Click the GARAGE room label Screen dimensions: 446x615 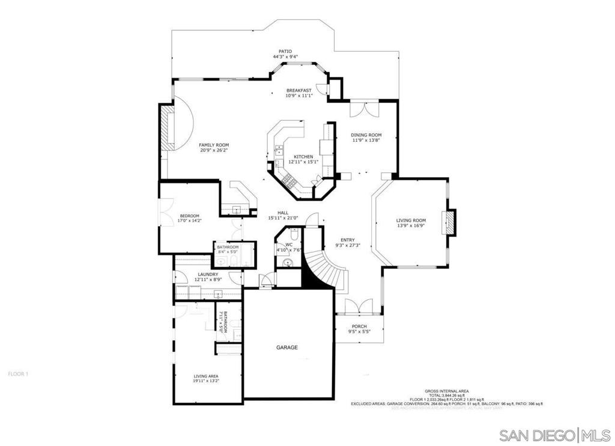click(x=287, y=347)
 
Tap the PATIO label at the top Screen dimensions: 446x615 click(x=285, y=52)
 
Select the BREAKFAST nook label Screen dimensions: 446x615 click(x=298, y=90)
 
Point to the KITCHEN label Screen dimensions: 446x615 click(x=300, y=156)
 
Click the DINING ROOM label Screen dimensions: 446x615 click(x=366, y=135)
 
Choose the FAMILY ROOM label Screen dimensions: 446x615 click(x=214, y=145)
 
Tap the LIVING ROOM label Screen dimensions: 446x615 click(x=411, y=221)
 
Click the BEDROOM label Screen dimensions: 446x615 click(x=190, y=216)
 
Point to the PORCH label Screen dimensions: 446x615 click(x=359, y=326)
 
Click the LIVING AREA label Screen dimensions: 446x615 click(x=205, y=376)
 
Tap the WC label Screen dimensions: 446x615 click(x=289, y=245)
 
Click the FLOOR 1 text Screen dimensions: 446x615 click(x=18, y=374)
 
